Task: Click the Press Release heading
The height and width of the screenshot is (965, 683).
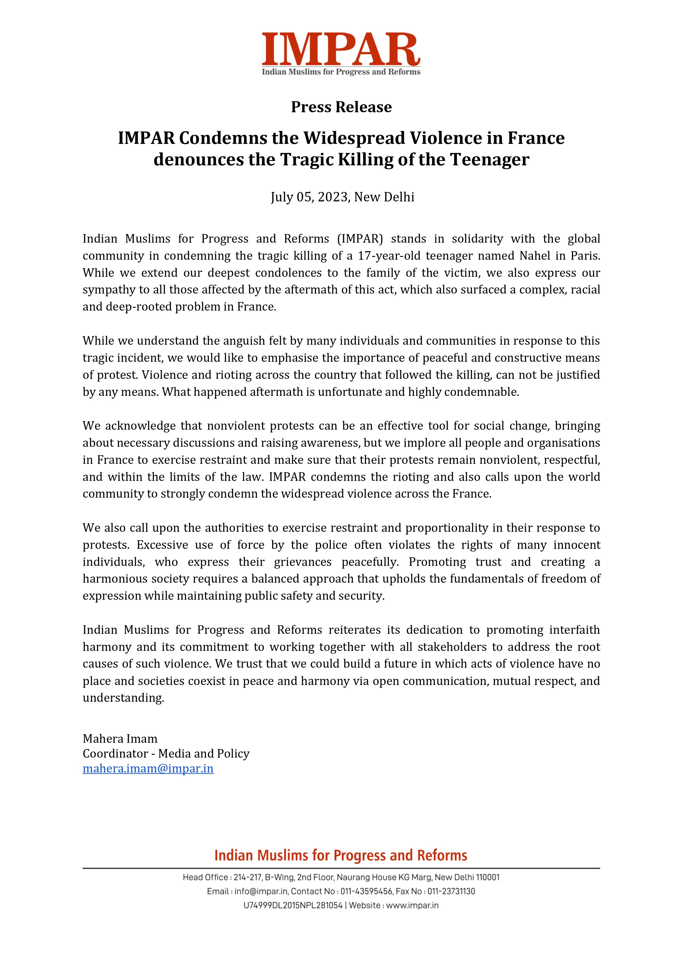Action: pos(341,107)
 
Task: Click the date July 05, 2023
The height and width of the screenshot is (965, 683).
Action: pos(309,197)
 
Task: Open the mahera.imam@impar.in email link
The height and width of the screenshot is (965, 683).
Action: pos(148,769)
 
